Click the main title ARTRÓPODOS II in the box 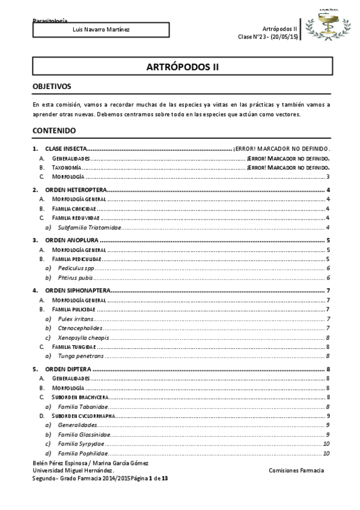(x=180, y=67)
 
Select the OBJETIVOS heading (x=52, y=87)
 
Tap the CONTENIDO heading (x=53, y=130)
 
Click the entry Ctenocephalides (x=81, y=328)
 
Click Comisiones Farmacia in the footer (x=296, y=470)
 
